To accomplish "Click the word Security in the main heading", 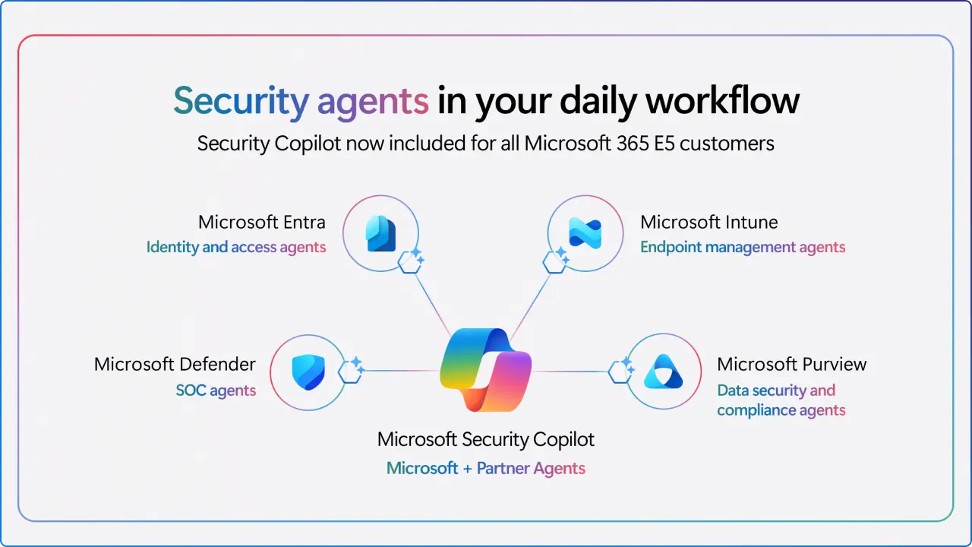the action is point(241,101).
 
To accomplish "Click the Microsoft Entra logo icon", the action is point(380,233).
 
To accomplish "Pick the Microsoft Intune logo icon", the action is point(585,233).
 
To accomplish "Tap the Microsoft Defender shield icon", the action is point(308,372).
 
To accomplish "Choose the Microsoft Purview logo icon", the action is point(663,372).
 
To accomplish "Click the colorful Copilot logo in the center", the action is point(486,370).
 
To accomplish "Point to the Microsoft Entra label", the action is point(261,223).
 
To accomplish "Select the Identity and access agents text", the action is point(236,247).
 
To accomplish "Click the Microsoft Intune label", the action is point(708,223).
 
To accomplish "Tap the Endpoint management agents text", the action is point(742,247).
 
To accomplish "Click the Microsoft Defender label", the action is point(175,364).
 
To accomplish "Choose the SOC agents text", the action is point(216,391).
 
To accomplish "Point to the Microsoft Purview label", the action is point(791,364).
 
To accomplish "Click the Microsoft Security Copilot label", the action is point(486,439).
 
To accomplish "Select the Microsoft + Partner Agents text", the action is point(486,468).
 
